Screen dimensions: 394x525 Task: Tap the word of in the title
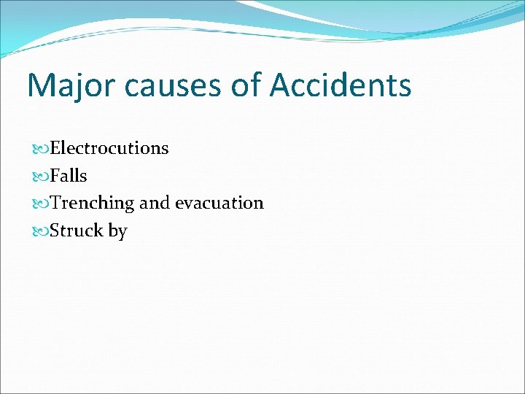coord(246,85)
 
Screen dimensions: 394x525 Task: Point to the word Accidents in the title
coord(341,85)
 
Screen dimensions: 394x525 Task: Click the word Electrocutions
coord(109,148)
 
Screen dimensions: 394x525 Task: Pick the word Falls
coord(69,176)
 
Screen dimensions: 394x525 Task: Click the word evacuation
coord(219,203)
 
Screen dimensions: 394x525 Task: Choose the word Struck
coord(77,231)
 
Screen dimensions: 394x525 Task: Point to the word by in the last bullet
coord(118,231)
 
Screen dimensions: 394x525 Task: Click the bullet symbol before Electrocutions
coord(42,149)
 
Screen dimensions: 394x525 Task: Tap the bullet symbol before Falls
coord(42,177)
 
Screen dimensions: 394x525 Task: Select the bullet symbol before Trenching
coord(42,204)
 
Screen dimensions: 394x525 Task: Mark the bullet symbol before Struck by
coord(42,231)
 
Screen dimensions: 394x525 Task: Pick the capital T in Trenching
coord(56,203)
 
